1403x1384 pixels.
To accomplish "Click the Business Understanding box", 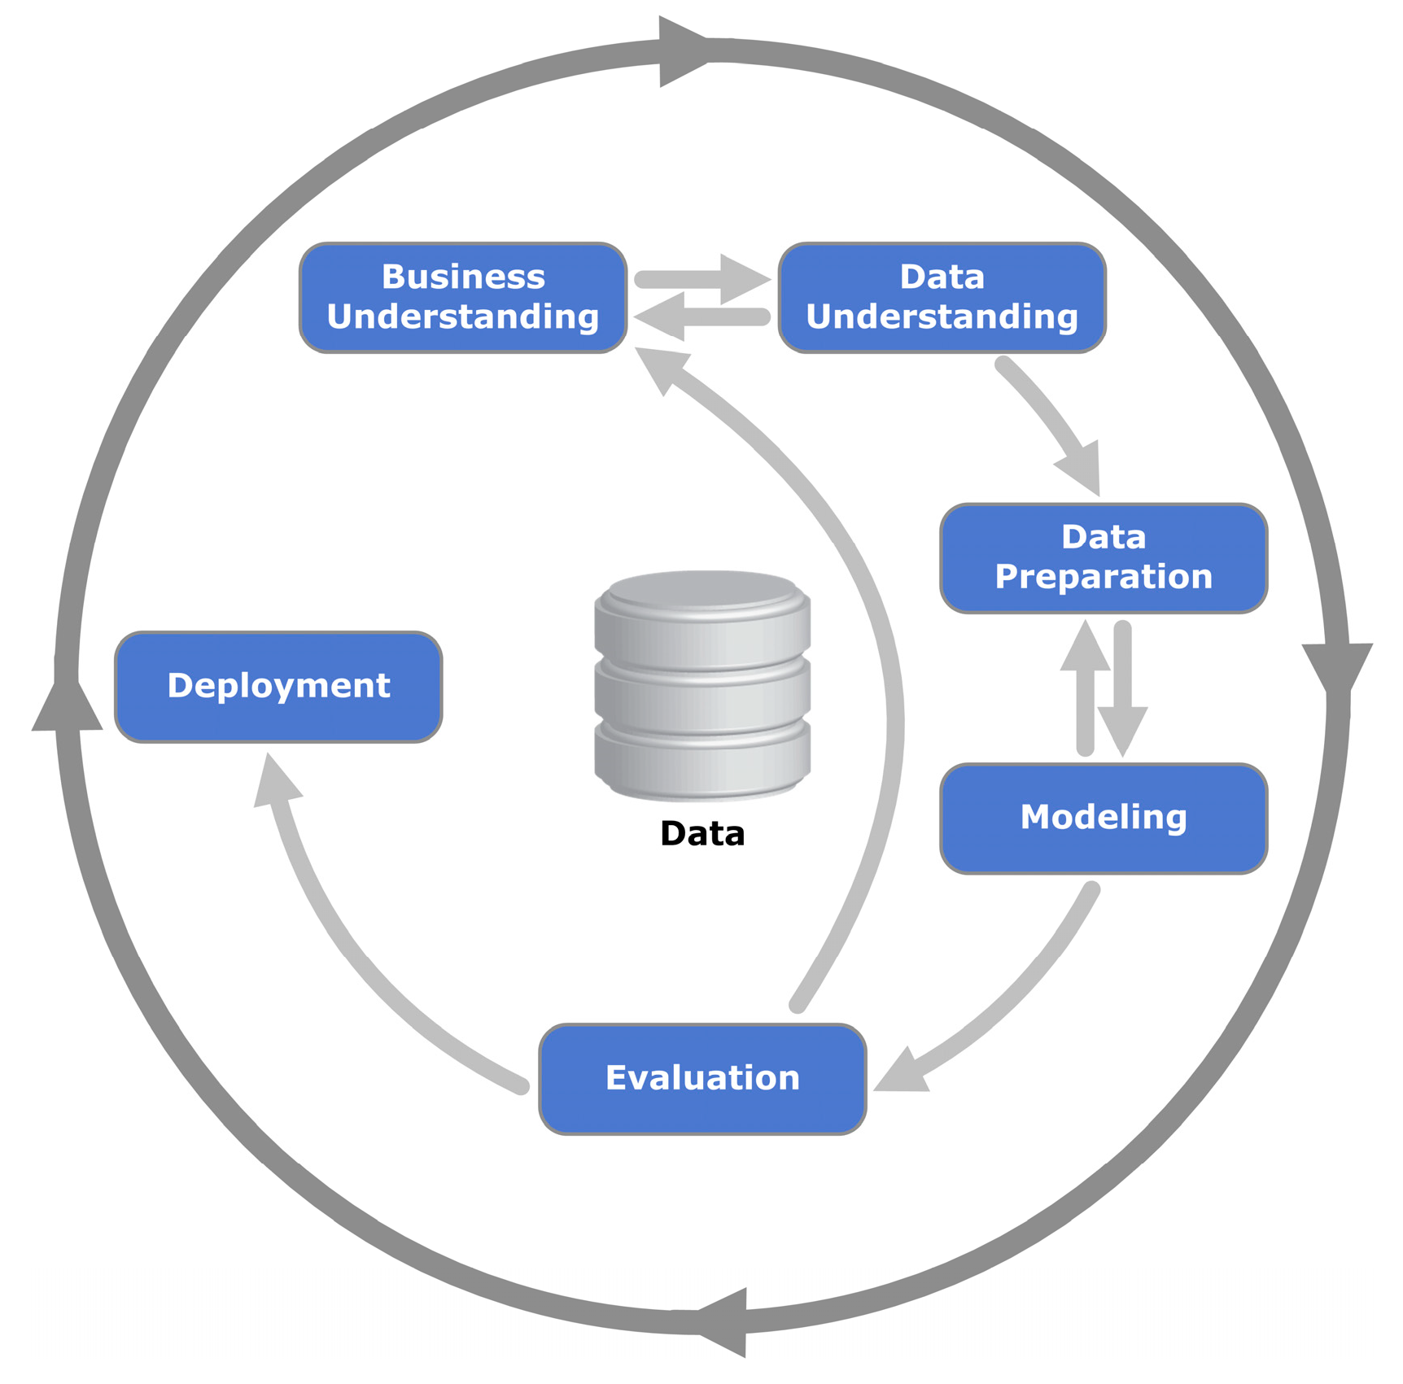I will coord(462,297).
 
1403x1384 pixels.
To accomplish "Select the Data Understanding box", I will coord(942,297).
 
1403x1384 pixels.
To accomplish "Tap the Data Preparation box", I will coord(1103,557).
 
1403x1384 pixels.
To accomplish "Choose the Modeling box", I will coord(1103,818).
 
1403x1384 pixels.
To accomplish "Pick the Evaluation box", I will coord(702,1078).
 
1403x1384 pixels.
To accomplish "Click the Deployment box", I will coord(278,686).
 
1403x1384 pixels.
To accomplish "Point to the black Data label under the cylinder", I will coord(702,834).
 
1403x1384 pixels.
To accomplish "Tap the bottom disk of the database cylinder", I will coord(702,761).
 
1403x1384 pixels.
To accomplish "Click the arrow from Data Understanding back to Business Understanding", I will coord(700,317).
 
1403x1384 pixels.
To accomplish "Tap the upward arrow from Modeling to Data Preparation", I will coord(1085,683).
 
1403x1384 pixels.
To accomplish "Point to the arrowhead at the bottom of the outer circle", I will coord(724,1322).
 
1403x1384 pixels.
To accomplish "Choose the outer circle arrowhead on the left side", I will coord(67,706).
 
